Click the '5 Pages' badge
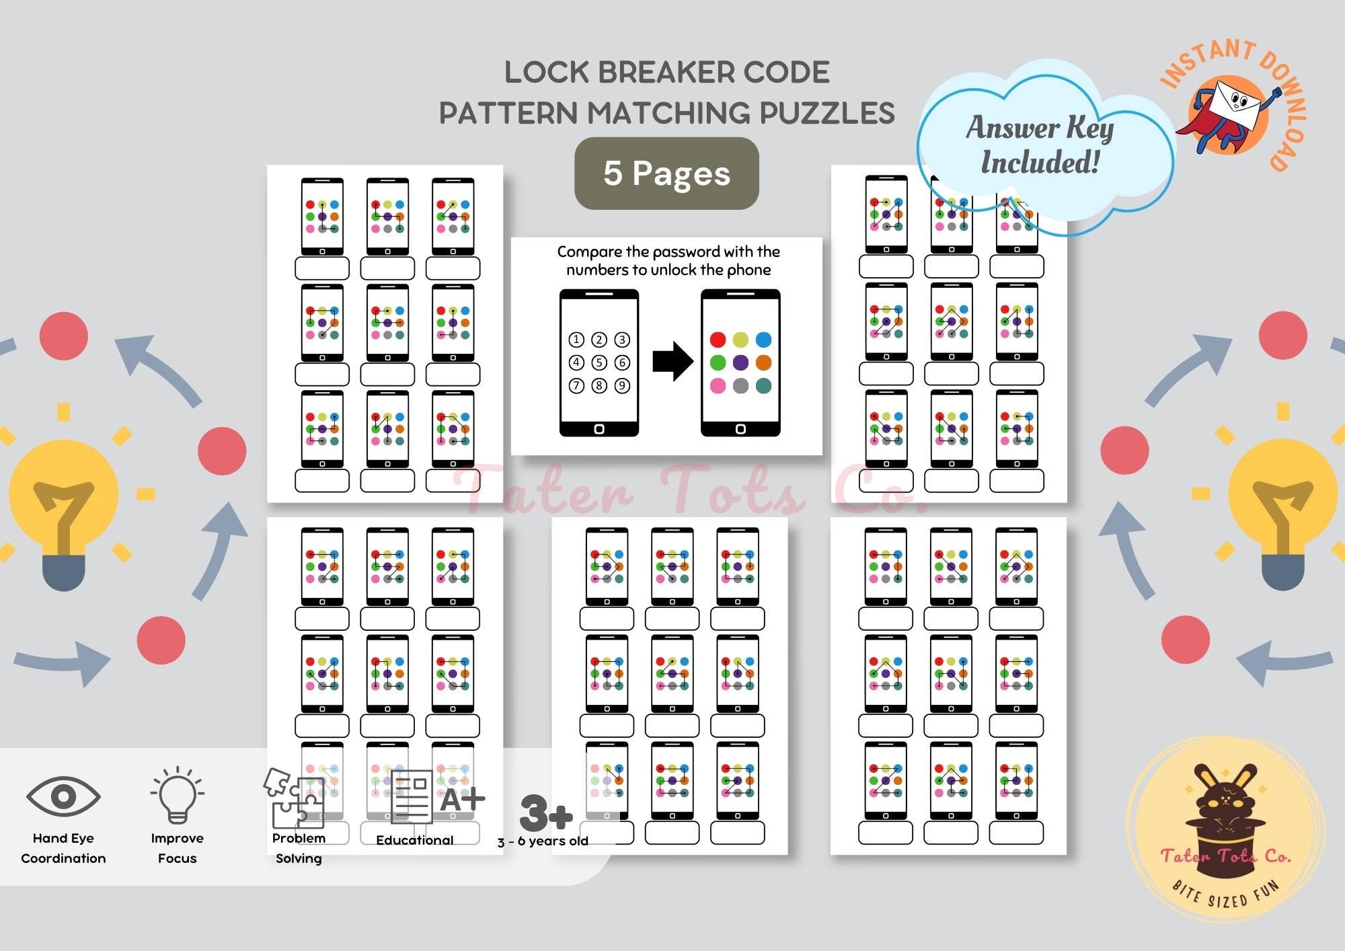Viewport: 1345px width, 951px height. point(666,174)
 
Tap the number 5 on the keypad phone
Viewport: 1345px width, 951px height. point(599,363)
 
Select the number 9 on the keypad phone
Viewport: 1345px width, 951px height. point(622,385)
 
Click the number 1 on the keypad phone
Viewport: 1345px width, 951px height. point(576,340)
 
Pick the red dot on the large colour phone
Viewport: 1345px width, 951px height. point(718,340)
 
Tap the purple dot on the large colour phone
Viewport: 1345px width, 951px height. point(740,363)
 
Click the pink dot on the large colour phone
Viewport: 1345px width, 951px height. point(718,385)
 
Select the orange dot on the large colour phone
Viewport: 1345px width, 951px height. point(763,363)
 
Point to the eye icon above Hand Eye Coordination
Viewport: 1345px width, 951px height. point(63,796)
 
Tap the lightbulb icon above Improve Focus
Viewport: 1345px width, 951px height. point(177,795)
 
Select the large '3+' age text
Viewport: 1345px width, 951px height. point(546,813)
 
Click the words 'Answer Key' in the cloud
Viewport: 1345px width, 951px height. point(1040,128)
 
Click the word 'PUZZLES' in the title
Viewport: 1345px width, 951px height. point(827,113)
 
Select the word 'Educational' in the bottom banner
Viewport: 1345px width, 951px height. point(414,840)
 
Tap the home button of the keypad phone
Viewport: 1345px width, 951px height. point(599,428)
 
